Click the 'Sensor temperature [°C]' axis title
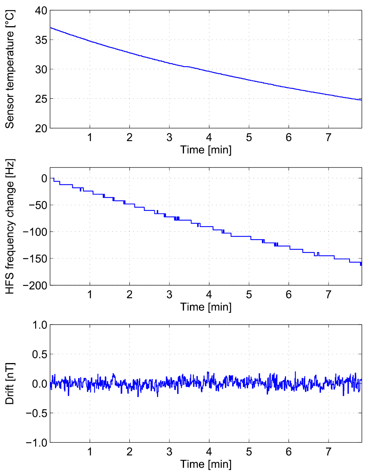[10, 70]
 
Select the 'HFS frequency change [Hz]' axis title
[10, 227]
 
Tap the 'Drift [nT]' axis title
[10, 384]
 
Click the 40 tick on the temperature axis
[41, 10]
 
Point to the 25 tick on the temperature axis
[41, 99]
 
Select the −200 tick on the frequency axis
[35, 285]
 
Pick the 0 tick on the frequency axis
[44, 179]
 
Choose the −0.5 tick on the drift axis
[37, 413]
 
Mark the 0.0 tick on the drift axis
[40, 384]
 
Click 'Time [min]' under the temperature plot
[206, 150]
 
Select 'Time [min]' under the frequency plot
[206, 307]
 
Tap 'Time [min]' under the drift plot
[206, 464]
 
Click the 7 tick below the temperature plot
[329, 138]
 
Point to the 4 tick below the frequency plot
[209, 295]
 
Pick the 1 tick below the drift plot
[90, 452]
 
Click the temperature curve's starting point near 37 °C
[51, 28]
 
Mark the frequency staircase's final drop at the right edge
[361, 263]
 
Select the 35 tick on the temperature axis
[41, 40]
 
